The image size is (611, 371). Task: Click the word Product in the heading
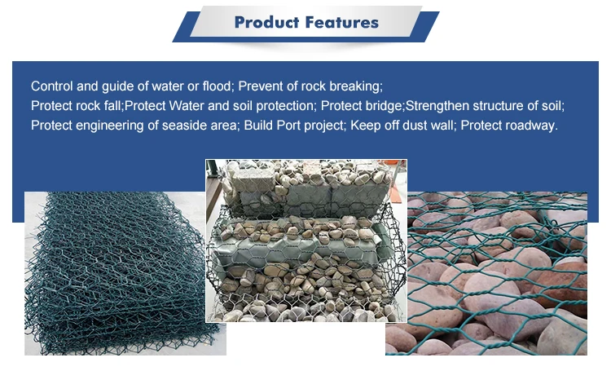pyautogui.click(x=266, y=22)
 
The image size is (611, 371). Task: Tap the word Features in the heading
pyautogui.click(x=342, y=22)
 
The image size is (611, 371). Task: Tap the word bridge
pyautogui.click(x=384, y=106)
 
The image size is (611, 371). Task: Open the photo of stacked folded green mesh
pyautogui.click(x=125, y=273)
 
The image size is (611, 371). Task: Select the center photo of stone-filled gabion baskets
pyautogui.click(x=306, y=241)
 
